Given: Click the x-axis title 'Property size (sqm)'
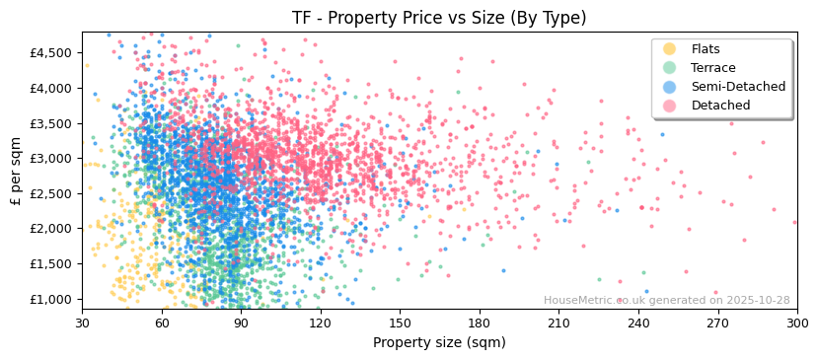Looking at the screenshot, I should tap(439, 342).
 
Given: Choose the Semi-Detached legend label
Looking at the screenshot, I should tap(738, 87).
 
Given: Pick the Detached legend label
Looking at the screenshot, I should tap(720, 106).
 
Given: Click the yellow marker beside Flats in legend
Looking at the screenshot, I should tap(670, 49).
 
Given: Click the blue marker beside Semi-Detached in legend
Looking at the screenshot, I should tap(670, 87).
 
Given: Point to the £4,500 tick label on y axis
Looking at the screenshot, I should tap(51, 52).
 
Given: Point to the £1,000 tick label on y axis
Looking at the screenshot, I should tap(51, 299).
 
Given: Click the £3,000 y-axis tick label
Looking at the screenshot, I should tap(51, 158).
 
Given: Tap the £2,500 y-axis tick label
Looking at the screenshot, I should tap(51, 193).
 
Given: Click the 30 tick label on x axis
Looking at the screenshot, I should tap(83, 323).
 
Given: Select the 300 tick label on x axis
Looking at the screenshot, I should tap(797, 323).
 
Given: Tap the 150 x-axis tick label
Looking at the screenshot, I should tap(400, 323).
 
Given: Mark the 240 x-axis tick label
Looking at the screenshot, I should tap(638, 323).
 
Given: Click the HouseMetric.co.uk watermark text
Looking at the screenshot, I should tap(666, 301).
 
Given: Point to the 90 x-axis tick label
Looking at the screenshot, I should tap(242, 323).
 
